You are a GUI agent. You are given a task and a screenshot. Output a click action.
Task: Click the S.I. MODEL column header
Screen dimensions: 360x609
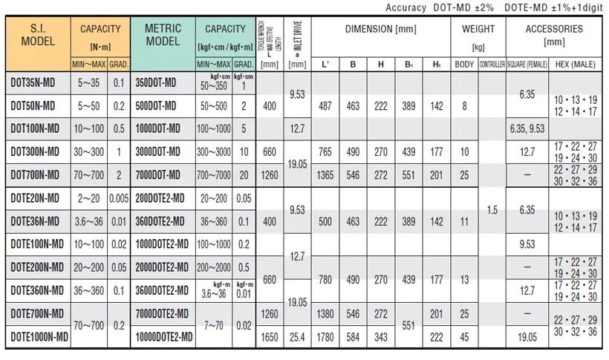coord(38,35)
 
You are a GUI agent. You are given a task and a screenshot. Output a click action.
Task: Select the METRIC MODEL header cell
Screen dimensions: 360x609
coord(162,35)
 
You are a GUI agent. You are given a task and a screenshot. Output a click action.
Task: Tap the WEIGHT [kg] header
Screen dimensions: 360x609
coord(478,35)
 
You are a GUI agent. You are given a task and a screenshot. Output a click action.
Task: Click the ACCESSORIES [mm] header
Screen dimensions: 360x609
coord(554,35)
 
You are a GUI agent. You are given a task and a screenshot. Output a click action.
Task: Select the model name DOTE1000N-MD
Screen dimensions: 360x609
coord(39,336)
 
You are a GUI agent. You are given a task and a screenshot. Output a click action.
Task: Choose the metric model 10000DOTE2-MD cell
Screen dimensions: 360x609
coord(164,336)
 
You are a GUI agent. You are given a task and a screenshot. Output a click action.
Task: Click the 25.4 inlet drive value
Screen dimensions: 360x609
coord(297,336)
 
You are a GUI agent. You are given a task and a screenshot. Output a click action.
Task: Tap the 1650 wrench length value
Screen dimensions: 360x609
coord(270,336)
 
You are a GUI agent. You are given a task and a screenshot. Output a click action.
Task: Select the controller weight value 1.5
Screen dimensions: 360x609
coord(492,210)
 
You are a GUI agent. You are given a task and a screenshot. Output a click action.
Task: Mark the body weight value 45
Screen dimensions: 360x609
coord(464,336)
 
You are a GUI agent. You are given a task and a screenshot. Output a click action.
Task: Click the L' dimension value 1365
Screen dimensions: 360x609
coord(325,174)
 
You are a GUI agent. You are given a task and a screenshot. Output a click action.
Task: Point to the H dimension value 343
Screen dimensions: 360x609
coord(380,336)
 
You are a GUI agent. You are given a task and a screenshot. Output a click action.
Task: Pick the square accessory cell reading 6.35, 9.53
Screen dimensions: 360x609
coord(527,128)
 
